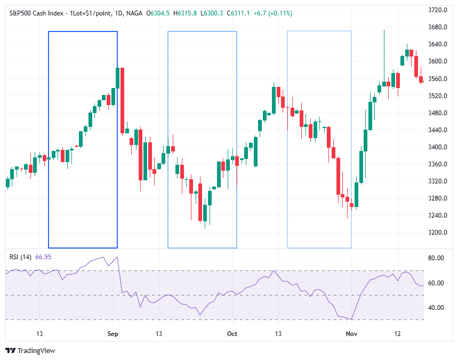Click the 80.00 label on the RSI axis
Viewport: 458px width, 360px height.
click(x=436, y=258)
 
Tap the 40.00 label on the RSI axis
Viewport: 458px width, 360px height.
click(x=436, y=308)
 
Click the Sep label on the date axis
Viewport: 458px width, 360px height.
click(x=113, y=333)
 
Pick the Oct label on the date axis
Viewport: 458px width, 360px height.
click(x=232, y=333)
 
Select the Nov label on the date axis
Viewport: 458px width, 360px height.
click(x=351, y=333)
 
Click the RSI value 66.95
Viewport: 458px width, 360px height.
click(x=43, y=257)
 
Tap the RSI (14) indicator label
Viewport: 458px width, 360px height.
click(x=20, y=257)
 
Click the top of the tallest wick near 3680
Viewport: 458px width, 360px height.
click(x=384, y=30)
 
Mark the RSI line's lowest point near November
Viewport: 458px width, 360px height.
click(x=352, y=319)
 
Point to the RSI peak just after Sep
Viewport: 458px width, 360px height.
click(x=117, y=257)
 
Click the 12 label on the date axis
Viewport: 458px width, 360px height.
click(x=397, y=333)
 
